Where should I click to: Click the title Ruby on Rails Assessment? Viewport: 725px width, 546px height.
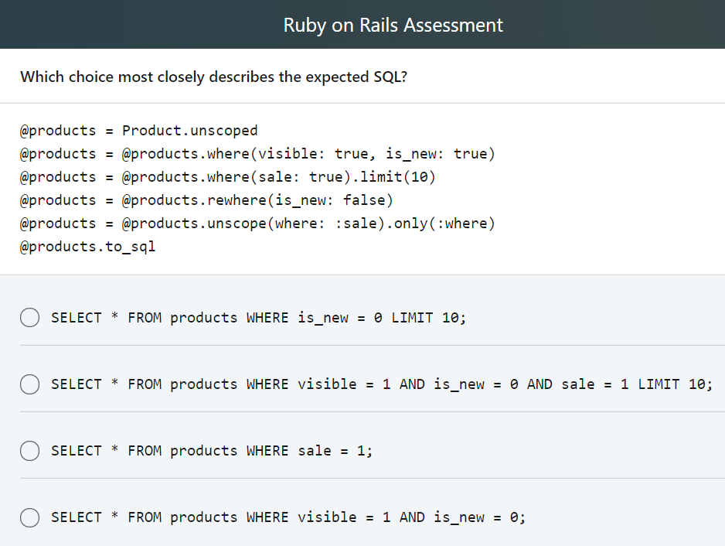coord(393,25)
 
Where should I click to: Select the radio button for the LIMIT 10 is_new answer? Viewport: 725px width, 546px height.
coord(29,318)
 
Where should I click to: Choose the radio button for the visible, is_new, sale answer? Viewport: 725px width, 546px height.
coord(29,384)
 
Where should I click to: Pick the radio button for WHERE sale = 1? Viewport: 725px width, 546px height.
coord(29,451)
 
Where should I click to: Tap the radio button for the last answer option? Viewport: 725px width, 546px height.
coord(29,517)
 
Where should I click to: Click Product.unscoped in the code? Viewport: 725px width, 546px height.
coord(189,131)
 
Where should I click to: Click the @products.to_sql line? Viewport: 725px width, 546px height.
coord(87,247)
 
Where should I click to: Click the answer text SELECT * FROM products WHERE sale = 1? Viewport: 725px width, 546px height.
coord(212,451)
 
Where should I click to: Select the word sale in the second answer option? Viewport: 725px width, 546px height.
coord(577,384)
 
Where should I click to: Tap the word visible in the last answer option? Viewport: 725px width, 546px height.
coord(327,517)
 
